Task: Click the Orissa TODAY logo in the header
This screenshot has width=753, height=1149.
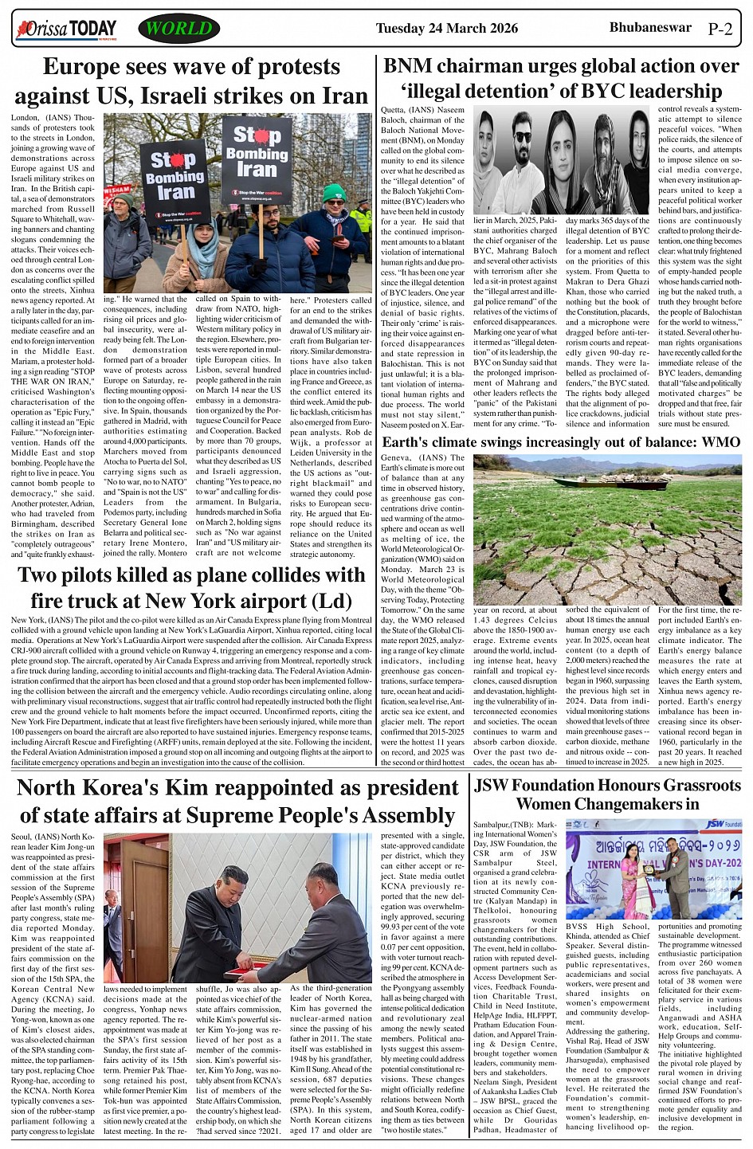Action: (x=66, y=30)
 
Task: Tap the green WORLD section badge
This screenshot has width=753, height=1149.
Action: (x=178, y=29)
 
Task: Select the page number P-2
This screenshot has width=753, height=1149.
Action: (x=720, y=30)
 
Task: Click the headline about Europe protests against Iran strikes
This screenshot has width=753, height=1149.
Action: (x=191, y=80)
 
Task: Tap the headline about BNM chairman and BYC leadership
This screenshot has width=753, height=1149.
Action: (x=561, y=78)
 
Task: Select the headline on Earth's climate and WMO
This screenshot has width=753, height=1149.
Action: (x=561, y=442)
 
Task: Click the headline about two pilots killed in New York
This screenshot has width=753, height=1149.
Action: (x=191, y=587)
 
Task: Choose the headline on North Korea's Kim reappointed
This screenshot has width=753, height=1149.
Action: (x=237, y=801)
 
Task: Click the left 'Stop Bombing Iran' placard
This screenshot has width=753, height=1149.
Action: (x=175, y=182)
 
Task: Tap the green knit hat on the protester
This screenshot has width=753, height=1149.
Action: (x=334, y=192)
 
